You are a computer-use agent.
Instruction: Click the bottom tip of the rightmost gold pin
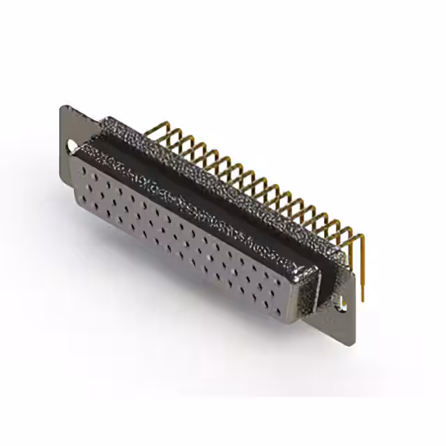pos(363,300)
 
